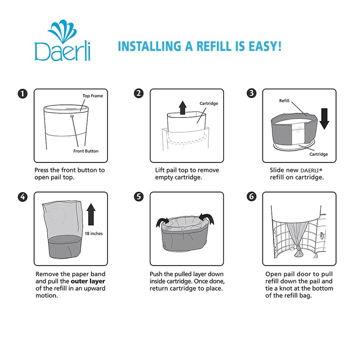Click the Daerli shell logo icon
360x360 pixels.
tap(62, 31)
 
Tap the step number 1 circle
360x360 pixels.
tap(22, 94)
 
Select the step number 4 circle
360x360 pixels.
tap(22, 197)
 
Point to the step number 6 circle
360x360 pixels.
tap(252, 197)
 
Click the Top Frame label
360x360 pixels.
tap(93, 96)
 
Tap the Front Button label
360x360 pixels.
tap(86, 151)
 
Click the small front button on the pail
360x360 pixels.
tap(72, 117)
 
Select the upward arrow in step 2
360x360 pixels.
tap(183, 108)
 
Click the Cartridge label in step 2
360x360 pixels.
tap(209, 103)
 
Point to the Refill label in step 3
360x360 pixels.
tap(284, 100)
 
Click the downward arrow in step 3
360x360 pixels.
tap(324, 119)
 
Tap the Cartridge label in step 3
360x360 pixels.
tap(319, 154)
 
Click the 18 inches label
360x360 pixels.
tap(94, 234)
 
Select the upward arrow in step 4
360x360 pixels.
tap(91, 214)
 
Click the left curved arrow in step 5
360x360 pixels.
tap(162, 222)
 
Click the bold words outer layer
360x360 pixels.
tap(88, 281)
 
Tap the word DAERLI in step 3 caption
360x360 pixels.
tap(310, 171)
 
